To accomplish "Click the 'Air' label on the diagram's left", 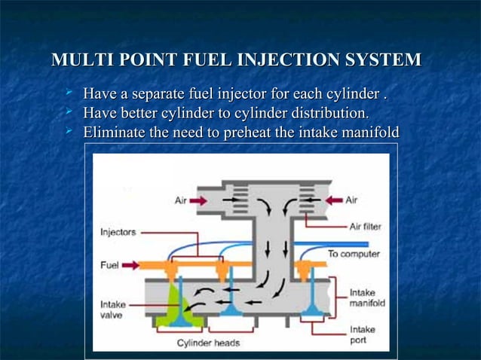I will (x=181, y=200).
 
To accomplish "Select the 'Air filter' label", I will (x=365, y=225).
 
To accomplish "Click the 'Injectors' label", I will (x=118, y=232).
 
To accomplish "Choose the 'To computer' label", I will (x=353, y=254).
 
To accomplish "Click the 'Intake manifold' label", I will (x=367, y=297).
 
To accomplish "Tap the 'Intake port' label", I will (x=362, y=334).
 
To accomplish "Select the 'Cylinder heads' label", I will (x=208, y=343).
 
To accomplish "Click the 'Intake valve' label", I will (x=112, y=310).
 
